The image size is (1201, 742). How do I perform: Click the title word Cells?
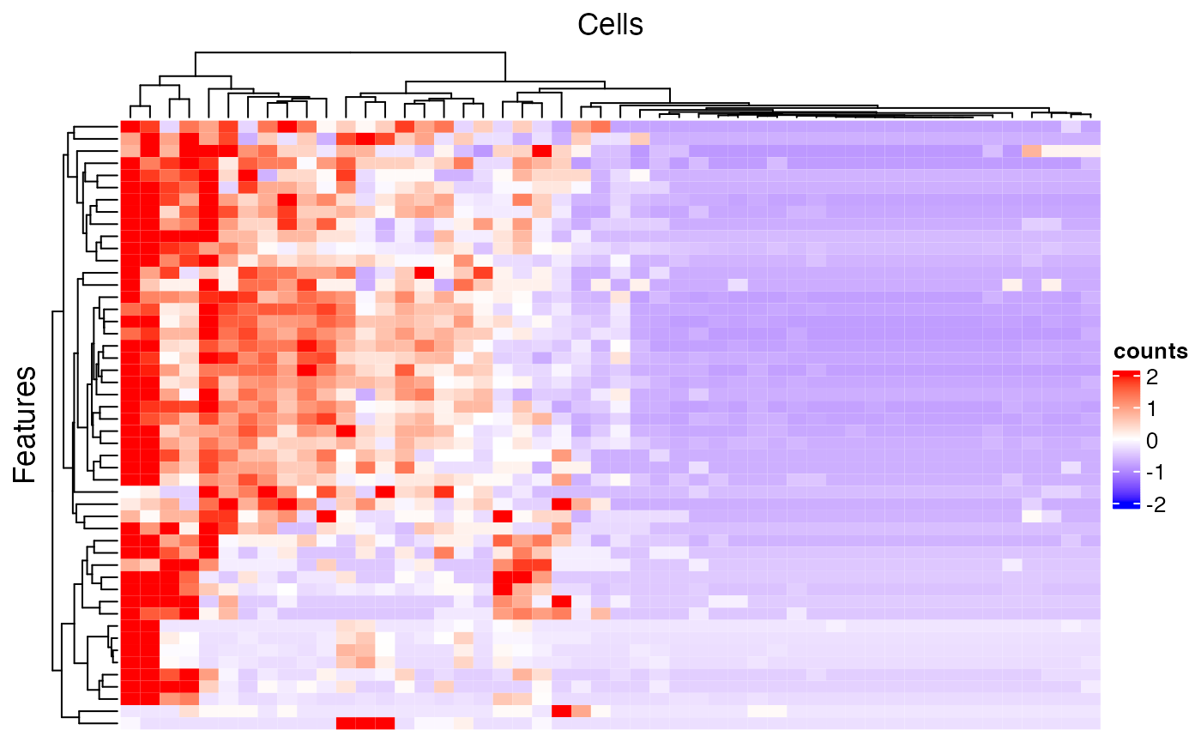[610, 25]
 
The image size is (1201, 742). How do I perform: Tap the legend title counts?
[1150, 352]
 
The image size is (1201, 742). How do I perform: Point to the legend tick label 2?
[1150, 376]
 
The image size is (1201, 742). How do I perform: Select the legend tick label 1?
[1150, 408]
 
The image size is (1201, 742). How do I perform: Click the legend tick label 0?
[1150, 441]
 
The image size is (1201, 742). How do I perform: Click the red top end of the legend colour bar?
[1123, 375]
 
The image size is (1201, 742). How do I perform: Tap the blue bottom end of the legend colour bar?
[1123, 505]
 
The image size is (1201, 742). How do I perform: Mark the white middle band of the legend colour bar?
[1123, 440]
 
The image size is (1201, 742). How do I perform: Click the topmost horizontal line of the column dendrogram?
[350, 52]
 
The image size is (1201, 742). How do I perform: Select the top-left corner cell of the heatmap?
[129, 127]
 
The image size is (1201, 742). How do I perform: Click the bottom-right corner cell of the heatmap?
[1090, 723]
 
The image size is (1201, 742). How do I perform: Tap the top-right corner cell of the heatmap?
[1090, 127]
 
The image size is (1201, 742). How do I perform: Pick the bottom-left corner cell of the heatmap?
[129, 723]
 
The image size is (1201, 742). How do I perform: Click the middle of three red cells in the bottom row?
[365, 723]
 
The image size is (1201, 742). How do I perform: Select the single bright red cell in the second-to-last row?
[561, 711]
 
